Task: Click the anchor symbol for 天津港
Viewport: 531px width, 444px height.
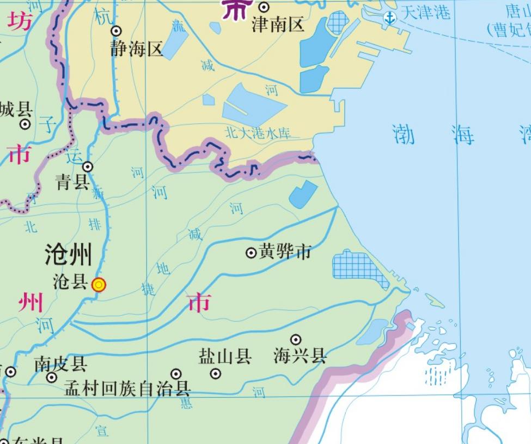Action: click(x=390, y=17)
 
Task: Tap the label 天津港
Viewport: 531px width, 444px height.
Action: click(x=425, y=12)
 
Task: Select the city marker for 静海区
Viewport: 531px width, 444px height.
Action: click(x=116, y=31)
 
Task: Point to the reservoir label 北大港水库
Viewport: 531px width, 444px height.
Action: click(x=258, y=133)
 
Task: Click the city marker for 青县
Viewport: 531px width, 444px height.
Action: click(x=88, y=166)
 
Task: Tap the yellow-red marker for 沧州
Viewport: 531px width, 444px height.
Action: click(x=99, y=285)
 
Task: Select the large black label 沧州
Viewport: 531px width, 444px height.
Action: click(x=68, y=255)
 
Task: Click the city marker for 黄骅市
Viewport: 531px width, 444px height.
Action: click(x=251, y=253)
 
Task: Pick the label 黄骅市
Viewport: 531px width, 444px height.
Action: click(x=285, y=252)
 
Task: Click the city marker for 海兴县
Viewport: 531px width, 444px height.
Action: click(x=296, y=340)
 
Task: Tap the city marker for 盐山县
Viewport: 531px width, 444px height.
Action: click(x=216, y=374)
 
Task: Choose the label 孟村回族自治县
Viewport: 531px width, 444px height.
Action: click(x=127, y=389)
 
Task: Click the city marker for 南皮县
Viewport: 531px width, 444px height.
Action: click(x=52, y=377)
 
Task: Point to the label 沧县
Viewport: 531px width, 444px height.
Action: click(x=71, y=281)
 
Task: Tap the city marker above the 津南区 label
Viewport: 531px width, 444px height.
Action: click(x=264, y=7)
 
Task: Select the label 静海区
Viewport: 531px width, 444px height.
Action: click(x=137, y=50)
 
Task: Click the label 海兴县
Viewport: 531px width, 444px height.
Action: click(x=300, y=356)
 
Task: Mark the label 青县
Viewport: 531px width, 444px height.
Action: click(x=72, y=182)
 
